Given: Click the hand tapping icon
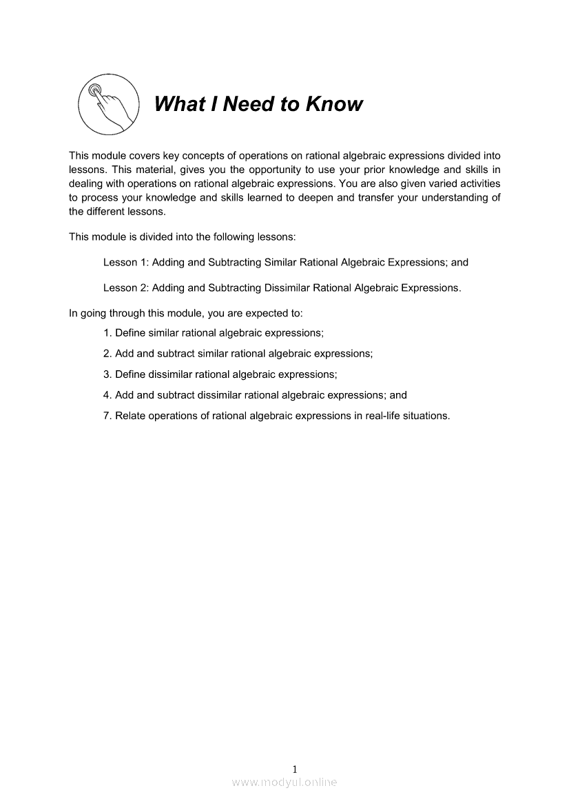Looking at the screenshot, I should tap(105, 104).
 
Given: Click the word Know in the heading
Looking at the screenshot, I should tap(334, 104).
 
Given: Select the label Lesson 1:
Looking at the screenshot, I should tap(125, 263).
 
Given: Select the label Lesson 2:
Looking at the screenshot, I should tap(125, 288).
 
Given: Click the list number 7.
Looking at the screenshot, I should tap(107, 416).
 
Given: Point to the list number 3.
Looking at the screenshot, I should tap(107, 374).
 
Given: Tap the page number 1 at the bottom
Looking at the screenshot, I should tap(295, 769).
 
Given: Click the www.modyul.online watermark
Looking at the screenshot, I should tap(284, 783).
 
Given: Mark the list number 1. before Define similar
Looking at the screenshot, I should tap(107, 332).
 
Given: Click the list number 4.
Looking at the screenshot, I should tap(107, 395).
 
